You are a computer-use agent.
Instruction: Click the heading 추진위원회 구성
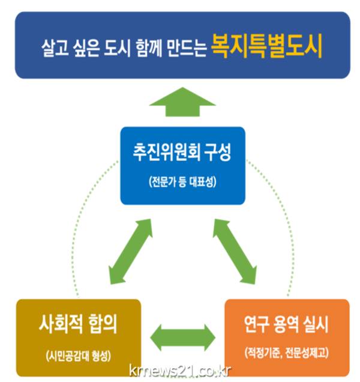[x=182, y=152]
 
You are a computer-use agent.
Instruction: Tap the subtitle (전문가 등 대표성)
[x=182, y=181]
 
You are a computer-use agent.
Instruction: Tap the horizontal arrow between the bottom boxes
[x=182, y=335]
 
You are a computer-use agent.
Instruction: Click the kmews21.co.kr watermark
[x=179, y=370]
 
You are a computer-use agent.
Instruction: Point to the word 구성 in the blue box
[x=218, y=152]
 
